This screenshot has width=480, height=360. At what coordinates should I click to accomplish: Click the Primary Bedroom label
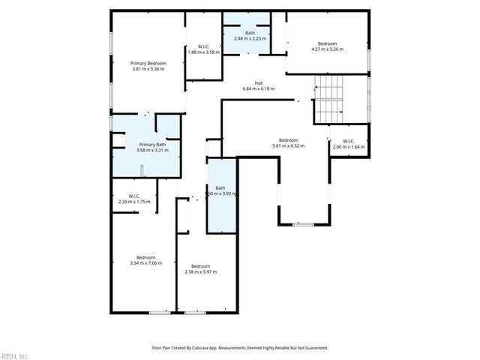point(148,64)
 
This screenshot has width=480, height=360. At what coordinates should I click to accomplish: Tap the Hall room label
point(258,83)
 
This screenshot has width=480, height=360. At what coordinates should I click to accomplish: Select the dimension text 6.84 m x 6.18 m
point(258,89)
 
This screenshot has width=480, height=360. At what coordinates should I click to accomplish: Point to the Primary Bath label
point(152,145)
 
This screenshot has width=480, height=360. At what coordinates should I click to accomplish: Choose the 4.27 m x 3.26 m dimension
point(327,49)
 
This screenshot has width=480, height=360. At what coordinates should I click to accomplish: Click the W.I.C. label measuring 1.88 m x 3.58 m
point(202,46)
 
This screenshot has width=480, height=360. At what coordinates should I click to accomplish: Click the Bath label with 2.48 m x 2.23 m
point(250,32)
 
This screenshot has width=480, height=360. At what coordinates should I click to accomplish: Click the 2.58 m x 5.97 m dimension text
point(200,272)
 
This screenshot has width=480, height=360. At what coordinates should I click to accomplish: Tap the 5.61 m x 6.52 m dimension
point(289,146)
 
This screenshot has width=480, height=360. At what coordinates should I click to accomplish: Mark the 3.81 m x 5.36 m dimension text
point(148,70)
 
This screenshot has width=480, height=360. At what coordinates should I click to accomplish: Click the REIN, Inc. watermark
point(15,355)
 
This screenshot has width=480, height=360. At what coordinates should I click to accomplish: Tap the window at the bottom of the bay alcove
point(303,224)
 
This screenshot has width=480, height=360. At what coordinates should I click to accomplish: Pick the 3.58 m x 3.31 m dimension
point(152,151)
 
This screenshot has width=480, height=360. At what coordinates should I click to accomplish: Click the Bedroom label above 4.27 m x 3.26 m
point(327,43)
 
